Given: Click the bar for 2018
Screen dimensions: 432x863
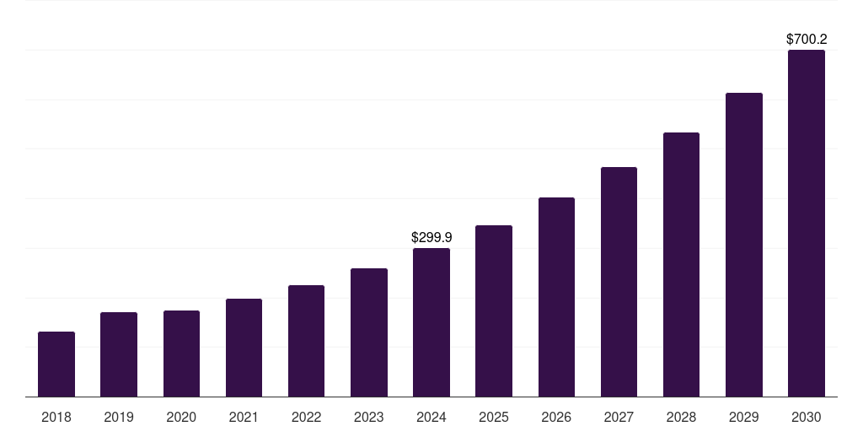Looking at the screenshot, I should [x=56, y=364].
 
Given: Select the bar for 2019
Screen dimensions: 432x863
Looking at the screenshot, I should [x=119, y=354].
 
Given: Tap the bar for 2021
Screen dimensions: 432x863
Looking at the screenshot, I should [x=244, y=348].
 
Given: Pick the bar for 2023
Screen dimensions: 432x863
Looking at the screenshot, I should [x=369, y=332].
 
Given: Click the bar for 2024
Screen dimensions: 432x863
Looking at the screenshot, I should [x=431, y=322].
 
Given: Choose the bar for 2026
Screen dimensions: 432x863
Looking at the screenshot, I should [x=556, y=297].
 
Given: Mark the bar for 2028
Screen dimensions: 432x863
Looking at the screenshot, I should [x=681, y=265].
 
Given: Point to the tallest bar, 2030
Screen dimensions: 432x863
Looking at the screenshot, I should [x=806, y=224].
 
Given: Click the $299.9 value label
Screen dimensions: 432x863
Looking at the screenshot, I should [x=431, y=238].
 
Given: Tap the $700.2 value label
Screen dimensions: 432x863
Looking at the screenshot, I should [x=806, y=39].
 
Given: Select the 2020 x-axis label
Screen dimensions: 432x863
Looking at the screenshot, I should [x=181, y=417].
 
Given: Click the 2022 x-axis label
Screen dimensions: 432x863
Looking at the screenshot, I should [x=306, y=417].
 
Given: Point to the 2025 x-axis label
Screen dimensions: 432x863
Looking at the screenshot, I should [x=494, y=417].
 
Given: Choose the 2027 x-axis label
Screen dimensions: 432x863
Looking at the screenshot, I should [x=619, y=417].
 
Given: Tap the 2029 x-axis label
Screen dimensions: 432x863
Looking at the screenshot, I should [x=743, y=417].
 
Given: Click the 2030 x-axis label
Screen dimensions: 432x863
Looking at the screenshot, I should [x=806, y=417].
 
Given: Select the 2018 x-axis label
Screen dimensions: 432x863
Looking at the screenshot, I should [x=56, y=417].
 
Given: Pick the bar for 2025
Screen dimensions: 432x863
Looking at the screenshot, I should [x=494, y=310].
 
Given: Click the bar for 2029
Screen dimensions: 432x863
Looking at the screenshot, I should [x=743, y=245].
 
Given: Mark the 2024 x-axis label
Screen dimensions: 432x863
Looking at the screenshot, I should [x=431, y=417].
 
